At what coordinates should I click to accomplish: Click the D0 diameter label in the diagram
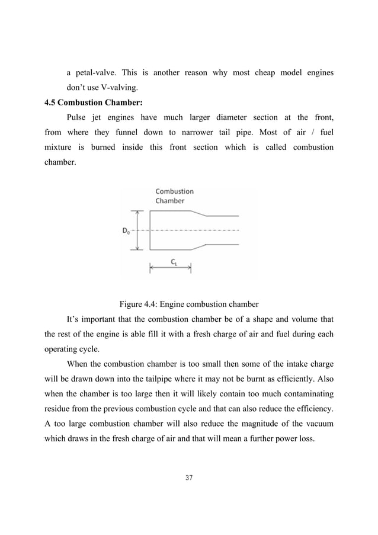pyautogui.click(x=127, y=230)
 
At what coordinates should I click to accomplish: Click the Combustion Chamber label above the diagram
pyautogui.click(x=174, y=196)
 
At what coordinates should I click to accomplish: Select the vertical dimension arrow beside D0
pyautogui.click(x=137, y=230)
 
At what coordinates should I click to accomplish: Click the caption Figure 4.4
pyautogui.click(x=189, y=305)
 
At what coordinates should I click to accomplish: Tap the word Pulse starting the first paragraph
pyautogui.click(x=78, y=117)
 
